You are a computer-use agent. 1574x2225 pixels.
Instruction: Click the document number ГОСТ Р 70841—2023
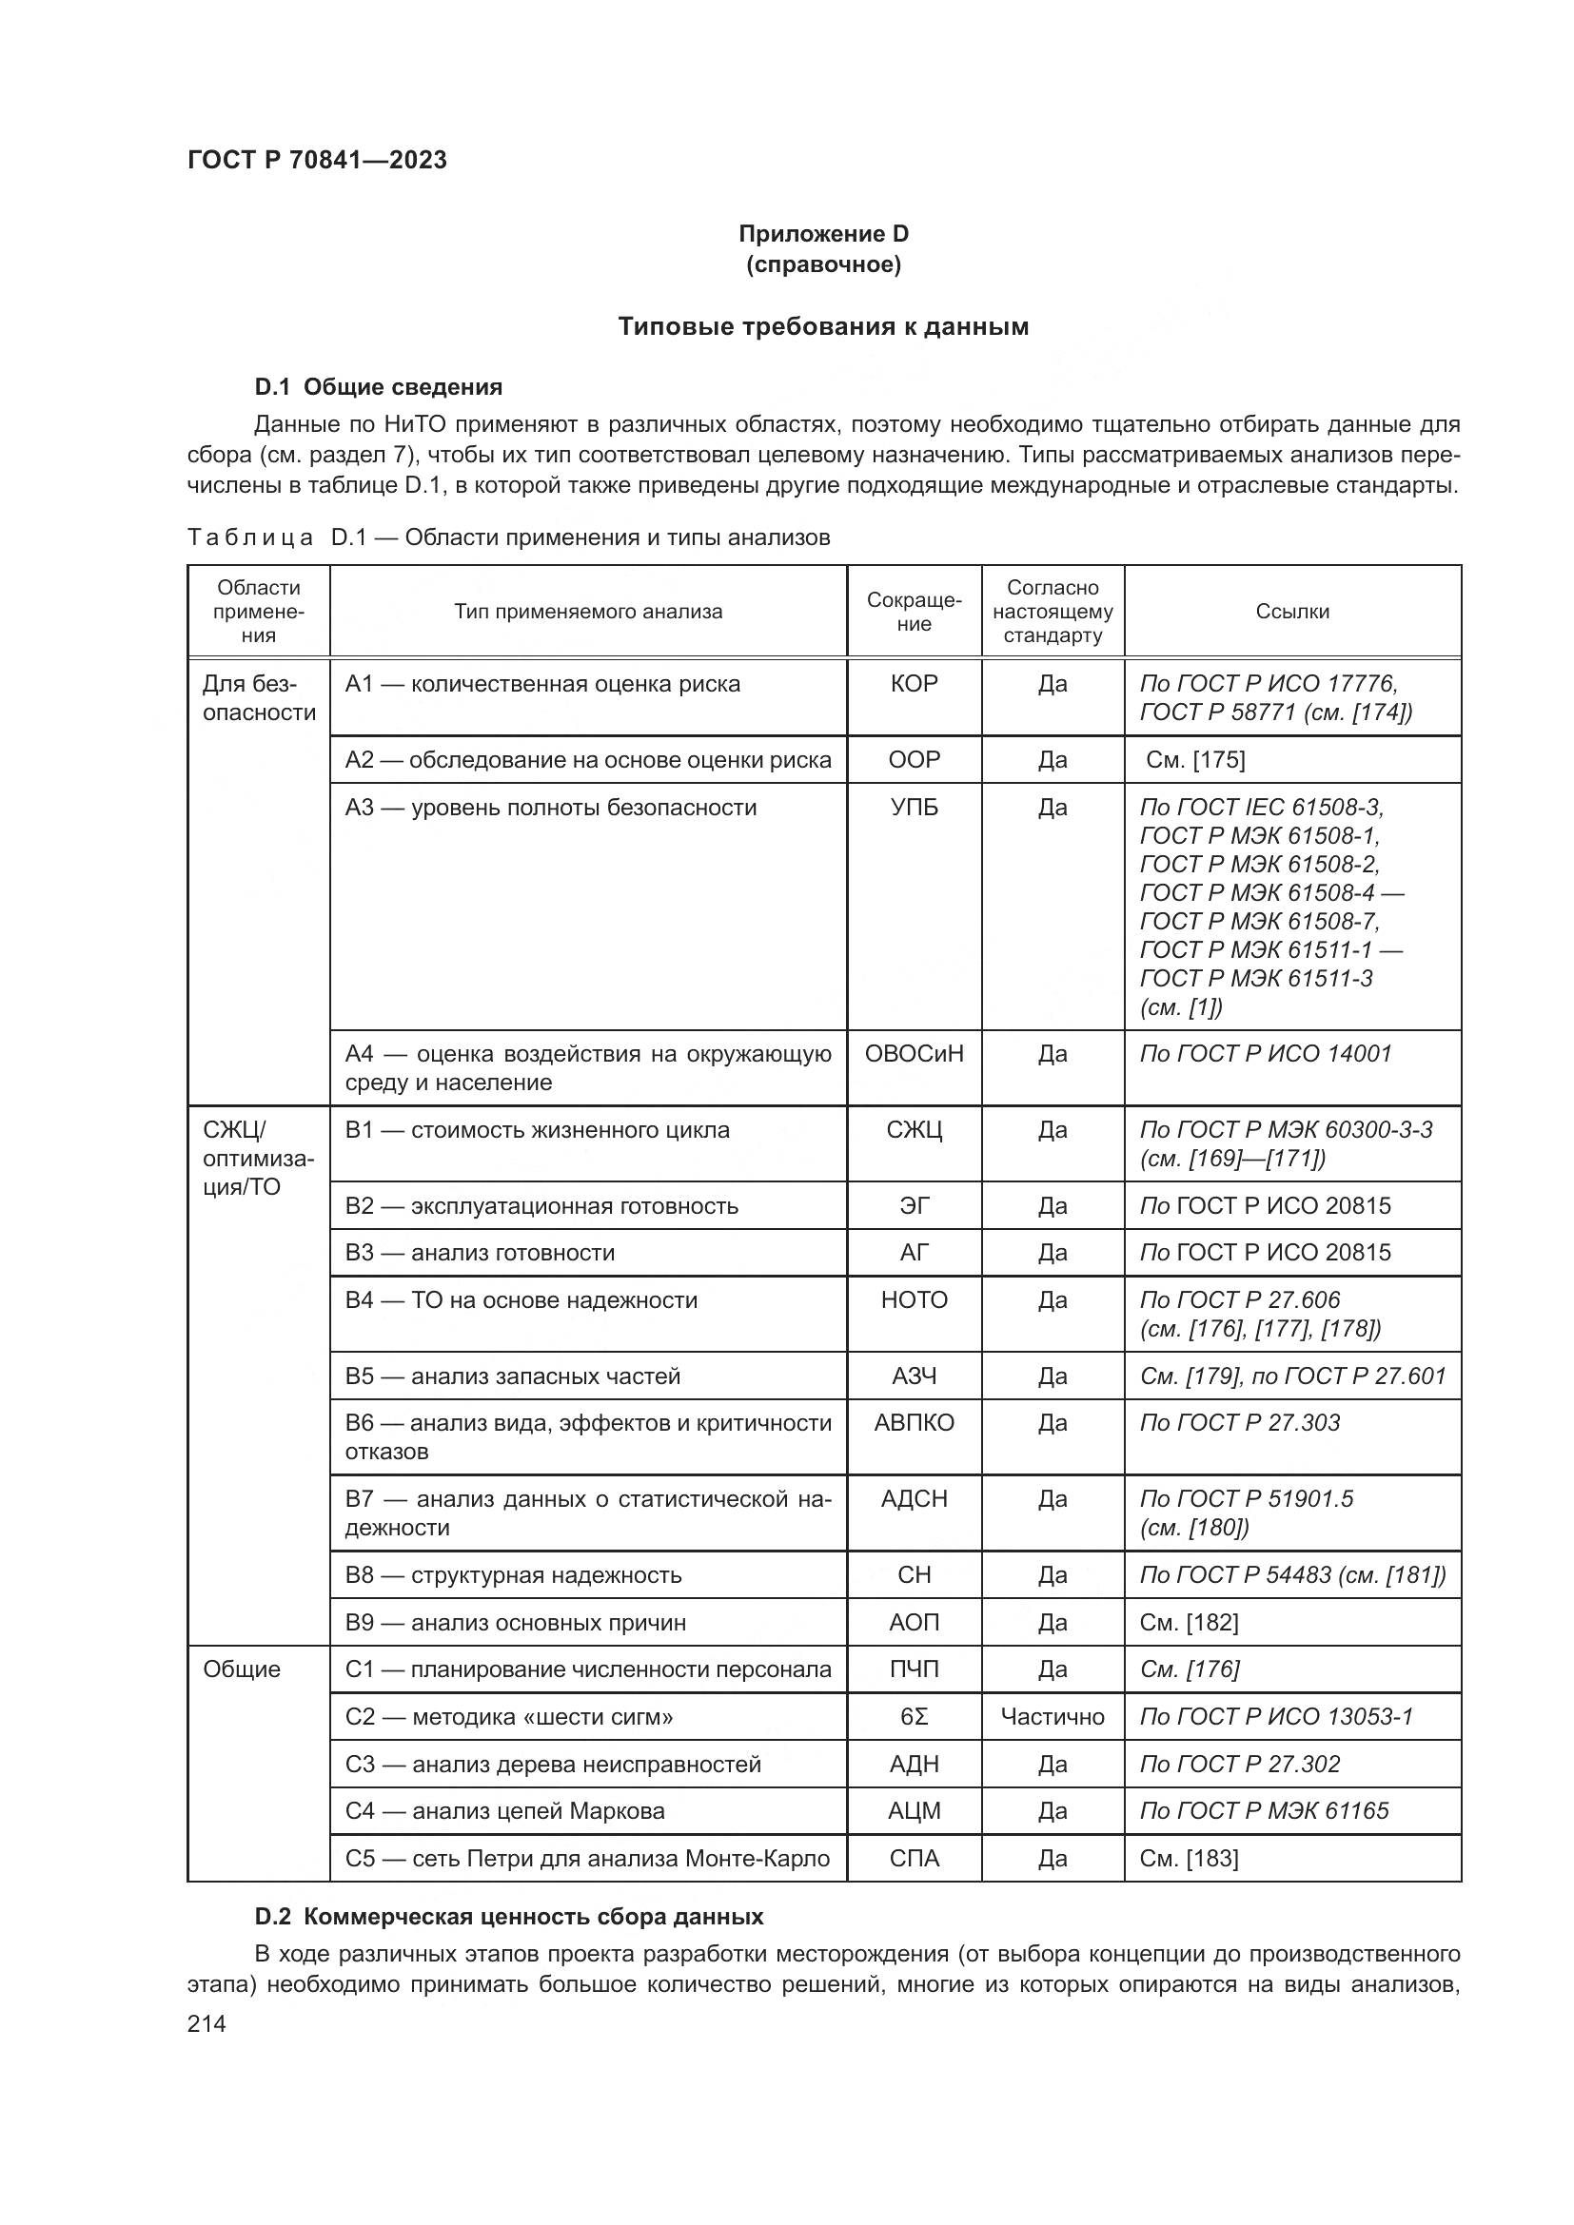click(317, 161)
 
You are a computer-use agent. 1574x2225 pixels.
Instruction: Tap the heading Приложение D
click(823, 234)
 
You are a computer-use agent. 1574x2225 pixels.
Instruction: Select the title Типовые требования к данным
click(823, 326)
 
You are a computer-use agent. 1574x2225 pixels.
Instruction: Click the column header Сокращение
click(913, 612)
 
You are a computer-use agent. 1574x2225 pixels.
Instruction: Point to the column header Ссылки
click(1292, 612)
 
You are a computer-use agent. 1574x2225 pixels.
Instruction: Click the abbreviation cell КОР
click(913, 684)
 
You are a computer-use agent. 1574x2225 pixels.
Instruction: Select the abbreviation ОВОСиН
click(913, 1053)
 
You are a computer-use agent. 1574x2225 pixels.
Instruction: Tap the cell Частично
click(1052, 1717)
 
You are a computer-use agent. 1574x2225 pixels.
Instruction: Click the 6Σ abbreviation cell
click(913, 1717)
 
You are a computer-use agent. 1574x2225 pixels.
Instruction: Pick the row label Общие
click(242, 1669)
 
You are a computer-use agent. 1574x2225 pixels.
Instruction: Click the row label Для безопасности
click(258, 699)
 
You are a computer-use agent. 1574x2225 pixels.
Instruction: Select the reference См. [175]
click(1194, 760)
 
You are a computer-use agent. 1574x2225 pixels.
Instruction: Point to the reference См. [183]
click(1189, 1859)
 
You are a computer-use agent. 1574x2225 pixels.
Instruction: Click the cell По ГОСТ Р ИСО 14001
click(1265, 1053)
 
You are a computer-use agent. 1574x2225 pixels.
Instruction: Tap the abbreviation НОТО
click(913, 1300)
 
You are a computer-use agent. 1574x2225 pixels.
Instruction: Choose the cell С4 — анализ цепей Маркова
click(505, 1811)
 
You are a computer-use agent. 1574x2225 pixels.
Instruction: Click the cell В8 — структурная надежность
click(513, 1574)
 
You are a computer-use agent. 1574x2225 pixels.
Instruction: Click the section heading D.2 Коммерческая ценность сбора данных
click(509, 1917)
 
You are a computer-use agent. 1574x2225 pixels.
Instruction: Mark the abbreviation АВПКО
click(913, 1422)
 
